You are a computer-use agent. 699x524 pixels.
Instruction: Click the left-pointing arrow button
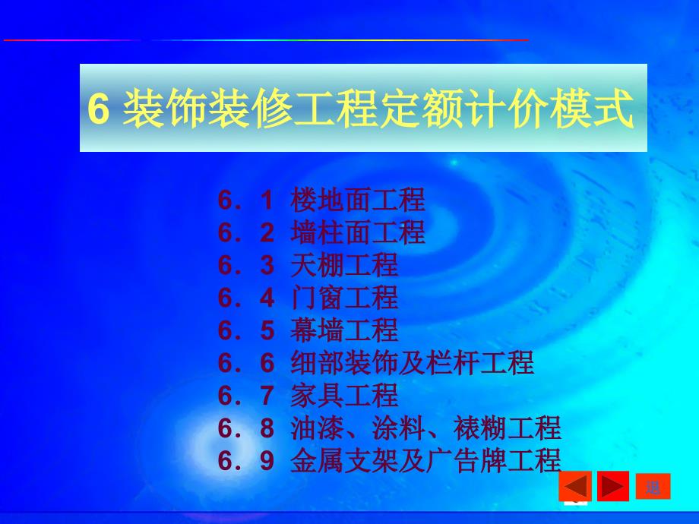point(575,486)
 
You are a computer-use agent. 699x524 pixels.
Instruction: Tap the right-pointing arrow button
point(613,486)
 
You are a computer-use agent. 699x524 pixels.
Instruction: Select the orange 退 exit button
point(653,487)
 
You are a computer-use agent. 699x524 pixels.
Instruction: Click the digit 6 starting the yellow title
point(99,109)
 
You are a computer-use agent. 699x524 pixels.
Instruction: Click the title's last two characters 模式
point(593,109)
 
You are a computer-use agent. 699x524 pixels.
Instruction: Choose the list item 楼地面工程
point(358,200)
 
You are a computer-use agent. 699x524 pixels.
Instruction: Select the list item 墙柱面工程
point(358,232)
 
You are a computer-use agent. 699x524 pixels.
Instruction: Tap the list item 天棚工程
point(344,265)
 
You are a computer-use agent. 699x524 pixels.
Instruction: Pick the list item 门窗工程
point(344,297)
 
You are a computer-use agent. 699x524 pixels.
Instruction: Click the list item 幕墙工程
point(344,330)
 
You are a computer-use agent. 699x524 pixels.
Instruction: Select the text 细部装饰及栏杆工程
point(412,362)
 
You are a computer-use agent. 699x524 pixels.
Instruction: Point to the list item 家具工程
point(344,395)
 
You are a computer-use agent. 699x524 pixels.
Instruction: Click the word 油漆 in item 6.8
point(317,428)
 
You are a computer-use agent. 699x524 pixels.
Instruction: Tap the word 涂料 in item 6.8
point(399,428)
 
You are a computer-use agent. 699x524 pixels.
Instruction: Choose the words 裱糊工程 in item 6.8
point(508,428)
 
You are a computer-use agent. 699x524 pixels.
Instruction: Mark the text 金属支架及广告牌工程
point(425,460)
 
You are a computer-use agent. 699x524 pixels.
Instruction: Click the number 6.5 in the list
point(246,330)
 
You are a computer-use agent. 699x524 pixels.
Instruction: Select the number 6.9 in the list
point(246,460)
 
